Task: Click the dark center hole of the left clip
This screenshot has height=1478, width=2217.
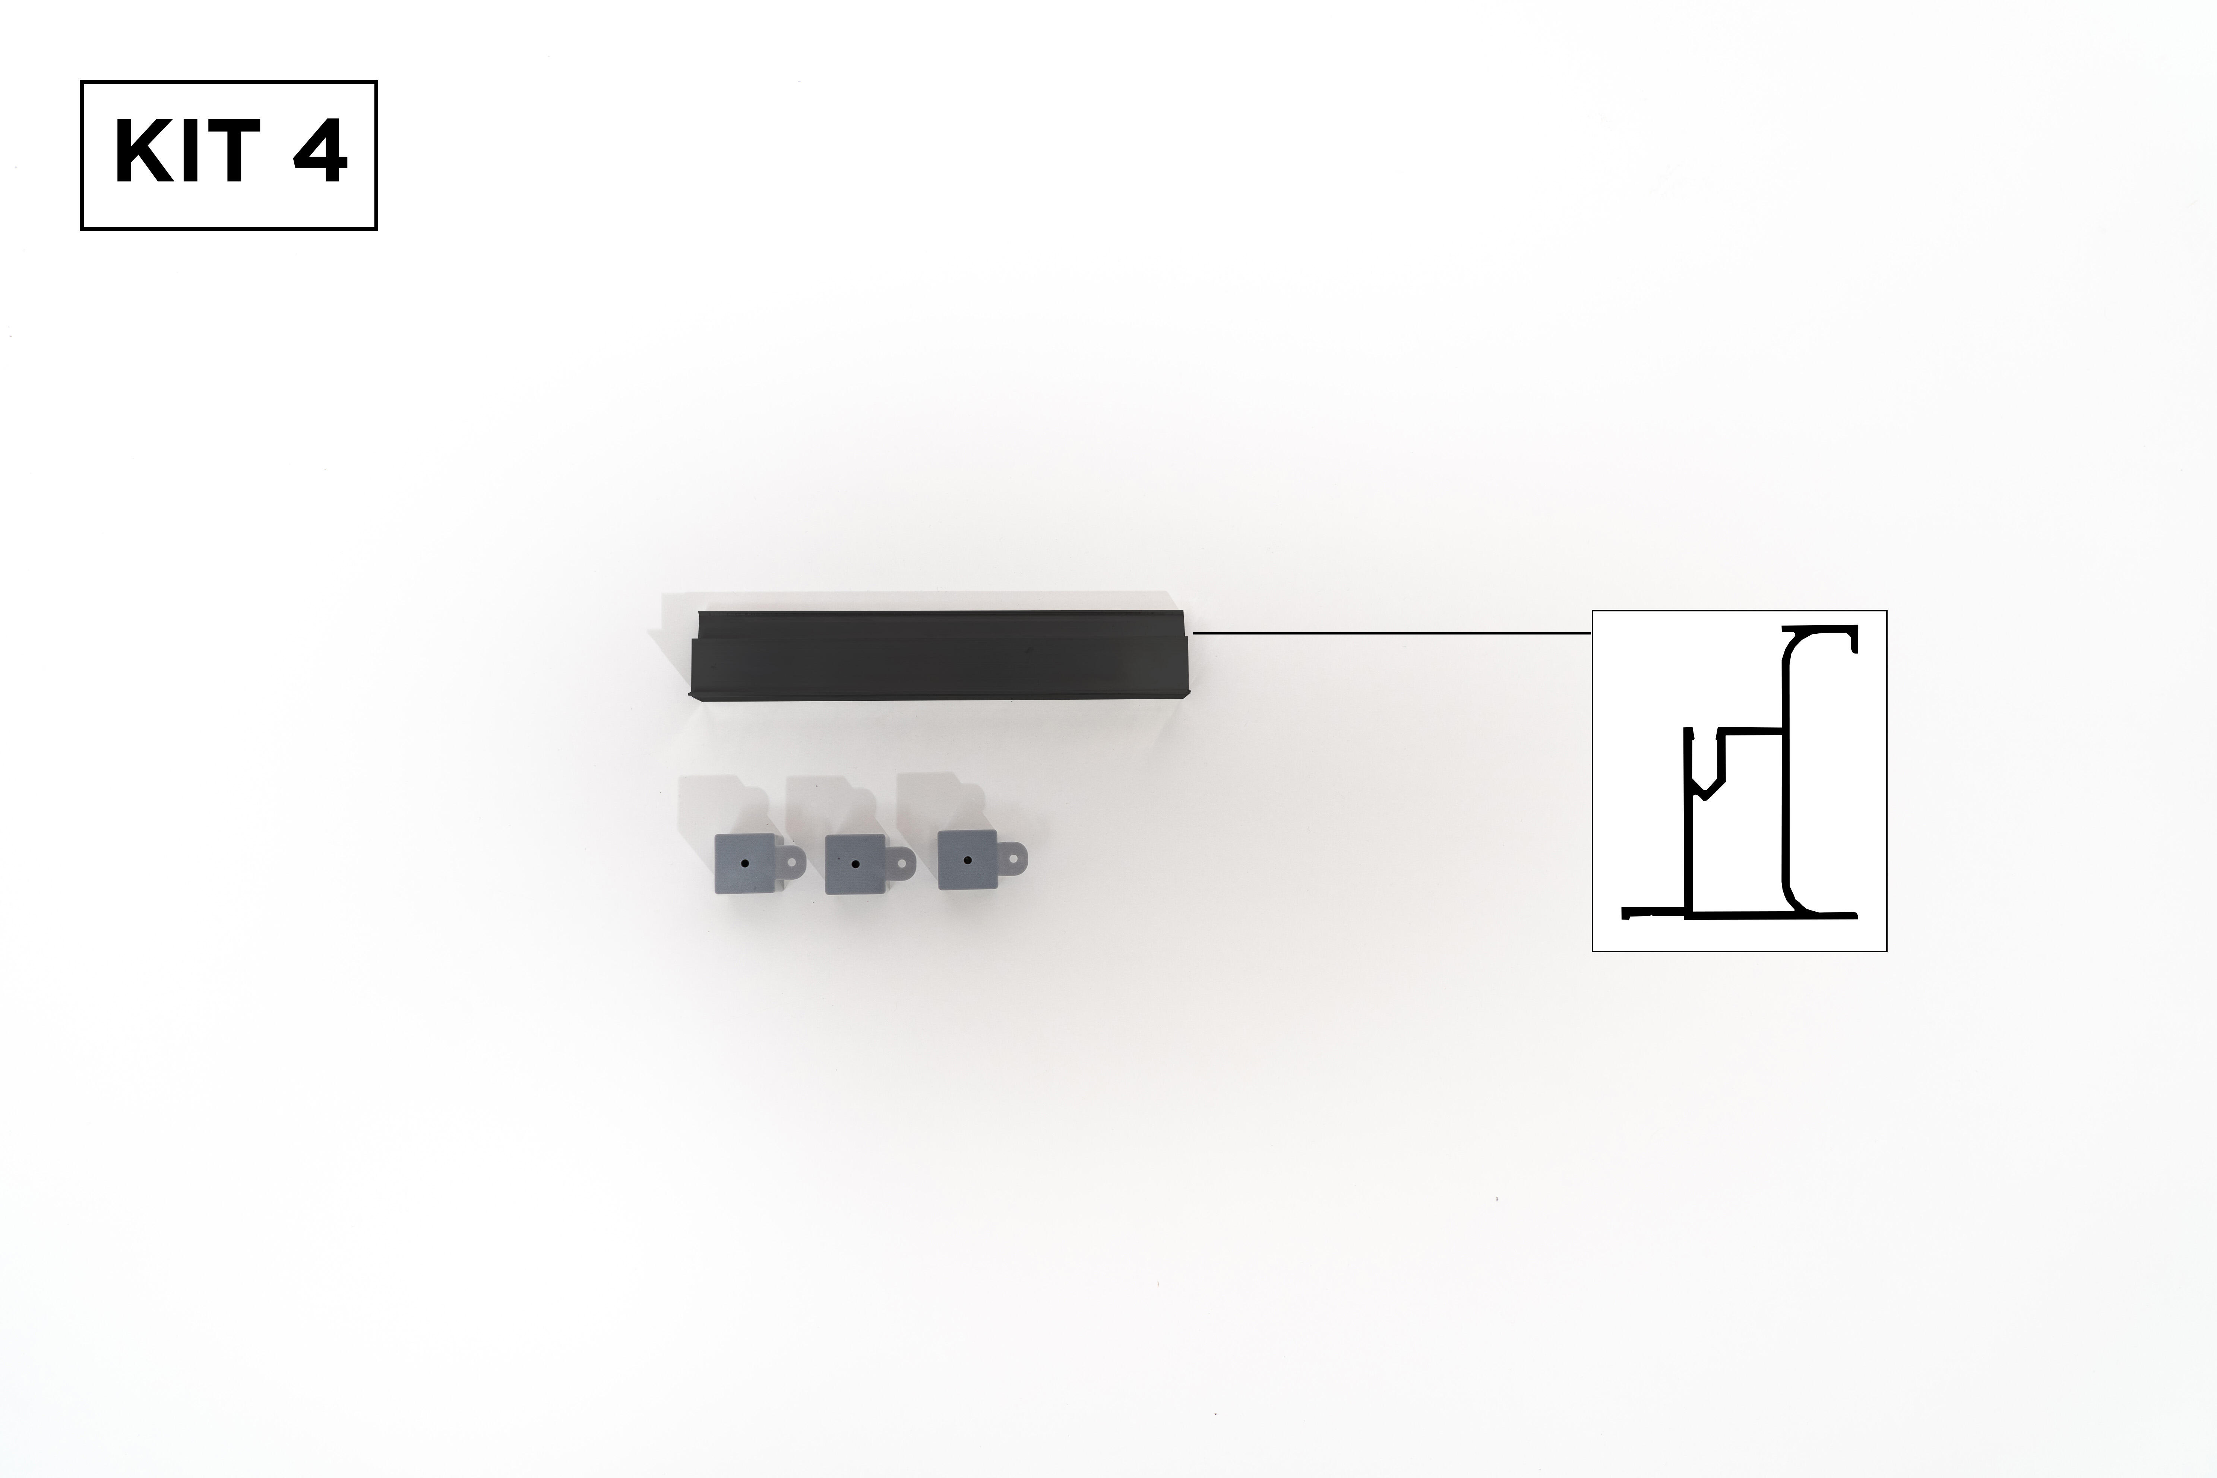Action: coord(745,863)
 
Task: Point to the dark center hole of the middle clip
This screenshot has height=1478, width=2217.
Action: coord(855,863)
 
